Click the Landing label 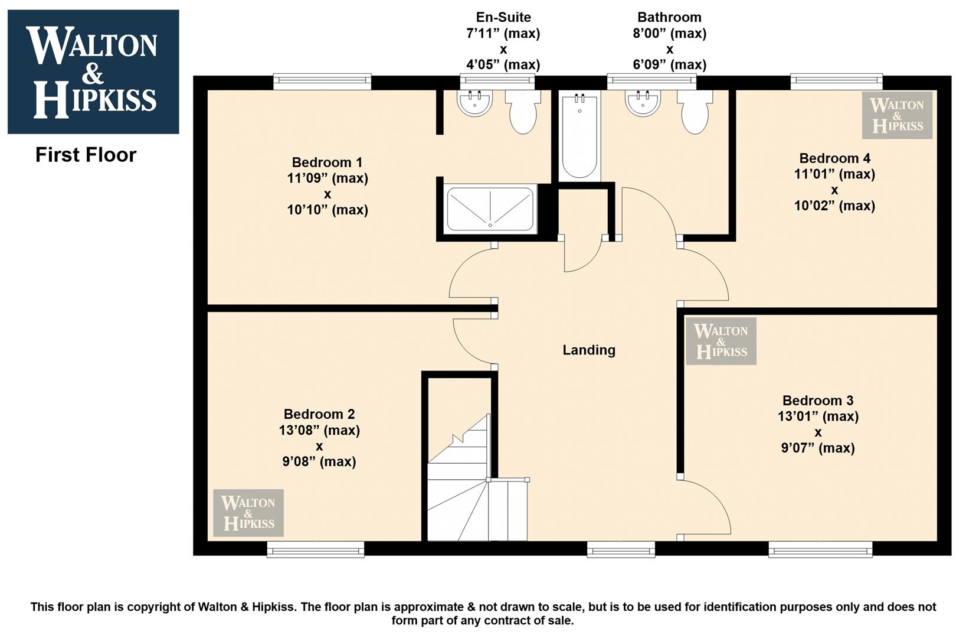tap(589, 350)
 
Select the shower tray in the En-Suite tap(490, 209)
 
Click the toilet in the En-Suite tap(523, 112)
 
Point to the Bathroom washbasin tap(643, 103)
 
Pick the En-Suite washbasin tap(474, 103)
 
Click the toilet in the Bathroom tap(695, 112)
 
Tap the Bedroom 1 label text tap(328, 162)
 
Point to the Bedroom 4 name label tap(835, 158)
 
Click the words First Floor tap(86, 155)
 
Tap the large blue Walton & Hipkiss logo tap(93, 71)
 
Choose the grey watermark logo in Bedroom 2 tap(248, 512)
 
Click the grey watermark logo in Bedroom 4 tap(897, 115)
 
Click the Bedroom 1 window tap(323, 82)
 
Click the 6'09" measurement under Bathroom tap(670, 65)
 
